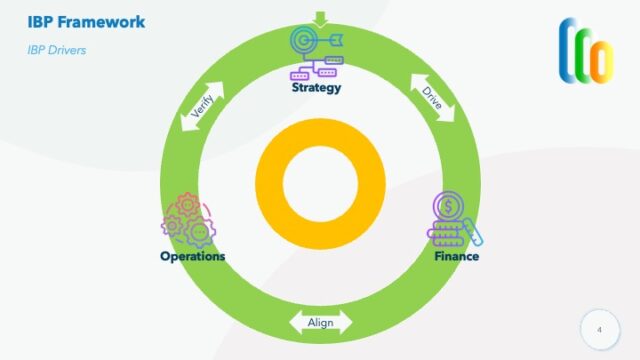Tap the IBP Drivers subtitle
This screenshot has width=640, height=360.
[x=56, y=49]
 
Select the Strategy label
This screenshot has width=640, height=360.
[x=316, y=87]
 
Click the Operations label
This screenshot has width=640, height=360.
[x=192, y=256]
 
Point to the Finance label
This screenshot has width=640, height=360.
[x=456, y=256]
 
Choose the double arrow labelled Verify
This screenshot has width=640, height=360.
[x=202, y=104]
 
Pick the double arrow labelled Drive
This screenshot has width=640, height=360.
[x=432, y=96]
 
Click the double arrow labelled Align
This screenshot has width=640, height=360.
[x=320, y=322]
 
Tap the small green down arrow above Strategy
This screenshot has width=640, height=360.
[x=320, y=17]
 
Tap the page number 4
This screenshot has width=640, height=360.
[x=600, y=329]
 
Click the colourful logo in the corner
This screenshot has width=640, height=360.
[x=586, y=49]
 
